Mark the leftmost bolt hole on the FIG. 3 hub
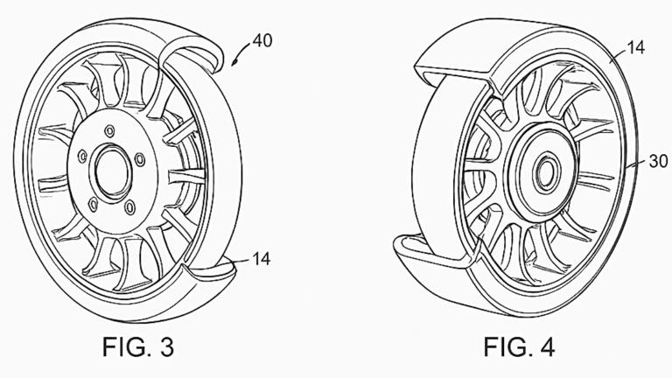(80, 157)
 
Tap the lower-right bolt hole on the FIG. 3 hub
(129, 209)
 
